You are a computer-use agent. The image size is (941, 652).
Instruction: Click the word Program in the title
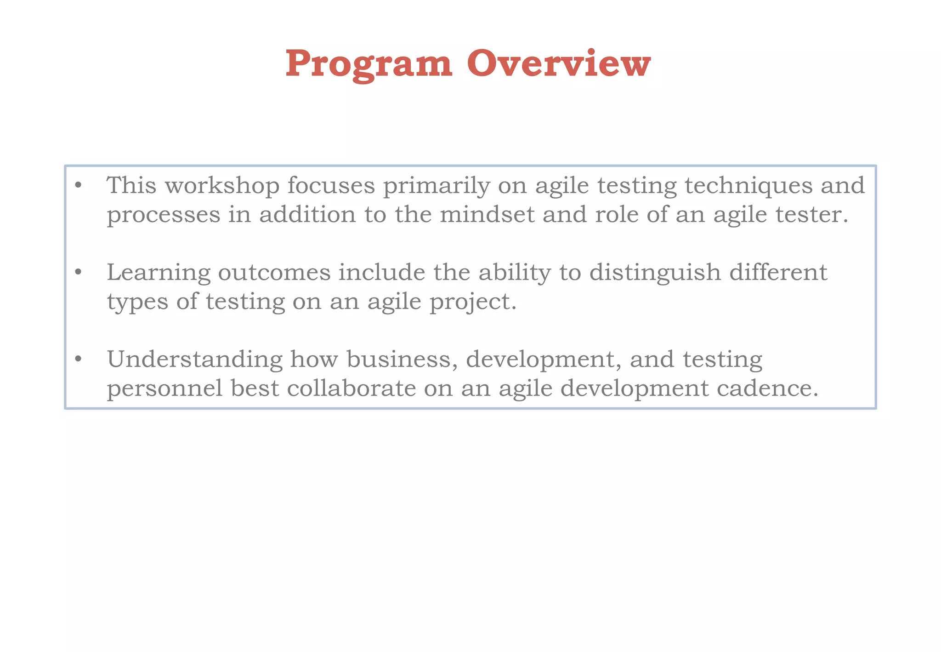coord(369,64)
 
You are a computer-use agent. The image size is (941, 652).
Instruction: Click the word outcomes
coord(274,273)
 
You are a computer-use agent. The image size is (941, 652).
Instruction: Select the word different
coord(778,272)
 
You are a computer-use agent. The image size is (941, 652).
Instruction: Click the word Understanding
coord(195,360)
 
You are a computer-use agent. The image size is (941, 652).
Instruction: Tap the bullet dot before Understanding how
coord(78,359)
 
